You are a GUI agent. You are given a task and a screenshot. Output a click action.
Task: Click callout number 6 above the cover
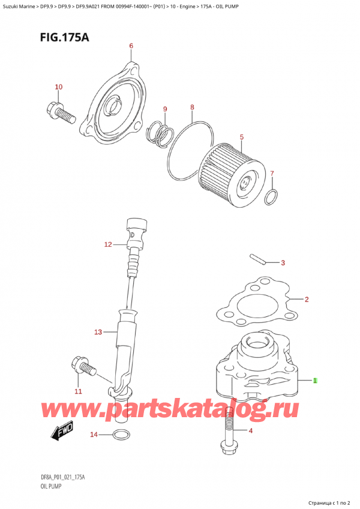point(131,46)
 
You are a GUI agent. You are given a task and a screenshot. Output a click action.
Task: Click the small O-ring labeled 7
point(271,196)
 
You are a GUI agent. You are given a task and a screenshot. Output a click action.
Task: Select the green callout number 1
point(316,381)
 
